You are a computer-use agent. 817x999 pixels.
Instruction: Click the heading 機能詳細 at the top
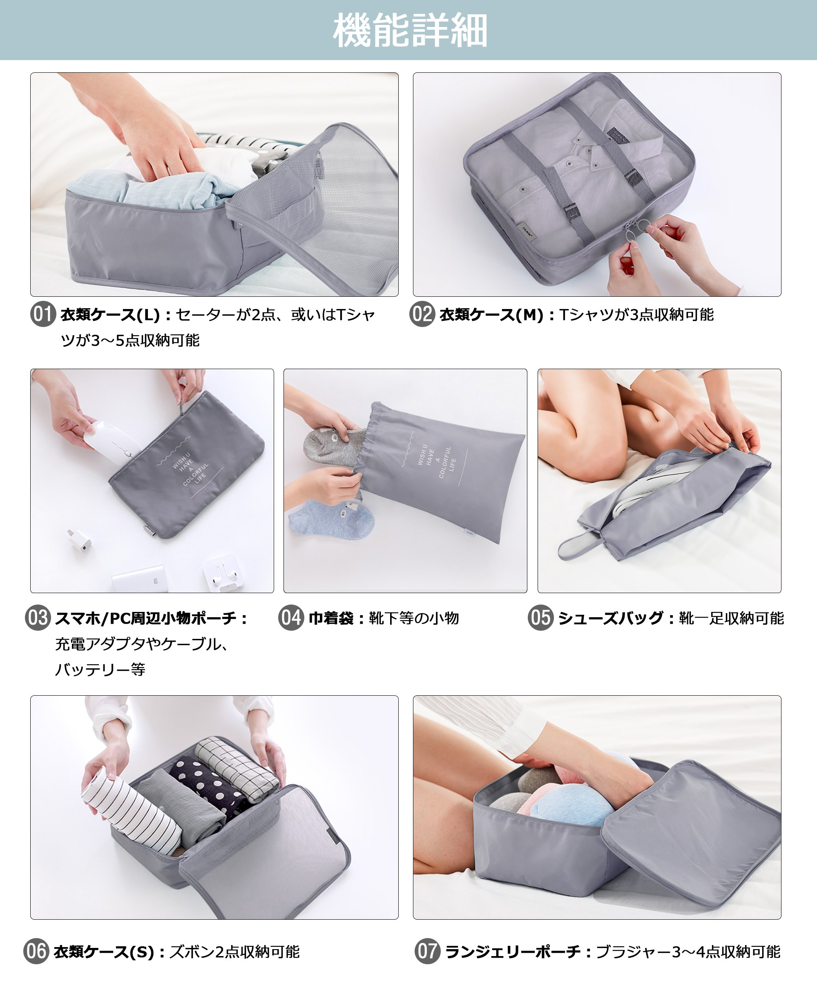pyautogui.click(x=409, y=30)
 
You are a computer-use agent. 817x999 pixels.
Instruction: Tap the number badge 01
pyautogui.click(x=43, y=314)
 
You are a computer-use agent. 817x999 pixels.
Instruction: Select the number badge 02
pyautogui.click(x=422, y=314)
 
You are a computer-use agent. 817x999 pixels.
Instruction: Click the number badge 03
pyautogui.click(x=38, y=618)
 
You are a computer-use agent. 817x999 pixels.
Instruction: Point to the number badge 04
pyautogui.click(x=291, y=618)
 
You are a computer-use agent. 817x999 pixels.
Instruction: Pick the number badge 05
pyautogui.click(x=541, y=618)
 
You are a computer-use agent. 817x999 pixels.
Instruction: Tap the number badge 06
pyautogui.click(x=36, y=951)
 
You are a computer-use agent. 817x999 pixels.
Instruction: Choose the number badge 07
pyautogui.click(x=427, y=951)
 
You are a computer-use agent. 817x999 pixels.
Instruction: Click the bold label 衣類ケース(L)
pyautogui.click(x=110, y=314)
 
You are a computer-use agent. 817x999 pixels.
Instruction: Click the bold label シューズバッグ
pyautogui.click(x=611, y=618)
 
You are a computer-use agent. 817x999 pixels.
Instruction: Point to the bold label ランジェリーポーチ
pyautogui.click(x=513, y=952)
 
